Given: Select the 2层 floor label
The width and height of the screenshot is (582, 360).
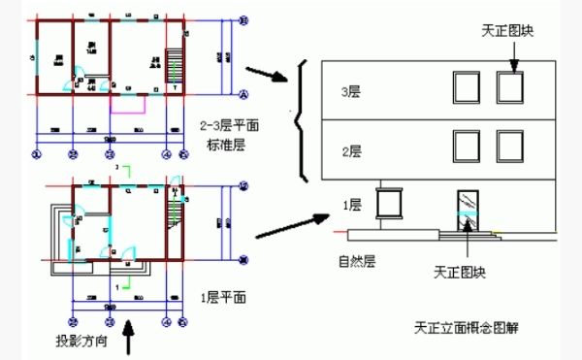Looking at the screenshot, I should pyautogui.click(x=351, y=150).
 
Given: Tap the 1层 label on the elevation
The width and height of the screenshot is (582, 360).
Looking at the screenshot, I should pyautogui.click(x=351, y=205).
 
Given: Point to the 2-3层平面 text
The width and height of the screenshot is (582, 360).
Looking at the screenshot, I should pyautogui.click(x=229, y=125).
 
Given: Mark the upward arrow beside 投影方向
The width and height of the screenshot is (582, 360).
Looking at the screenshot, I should pyautogui.click(x=134, y=341).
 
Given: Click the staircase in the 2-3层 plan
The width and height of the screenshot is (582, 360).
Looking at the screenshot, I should pyautogui.click(x=177, y=68).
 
